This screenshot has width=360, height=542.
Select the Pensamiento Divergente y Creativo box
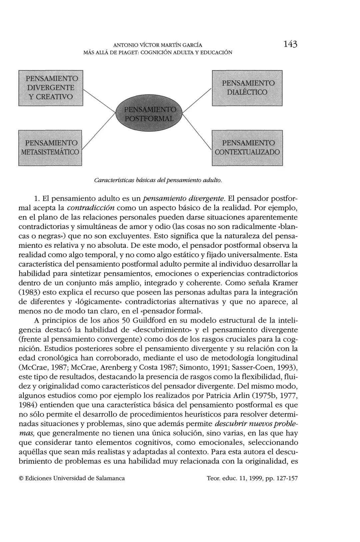coord(50,88)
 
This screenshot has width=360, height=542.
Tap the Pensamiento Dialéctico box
coord(247,88)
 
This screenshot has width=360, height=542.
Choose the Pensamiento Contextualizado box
coord(247,148)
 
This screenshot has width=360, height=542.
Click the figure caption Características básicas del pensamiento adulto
coord(158,180)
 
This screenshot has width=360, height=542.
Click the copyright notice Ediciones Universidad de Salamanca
coord(72,478)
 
